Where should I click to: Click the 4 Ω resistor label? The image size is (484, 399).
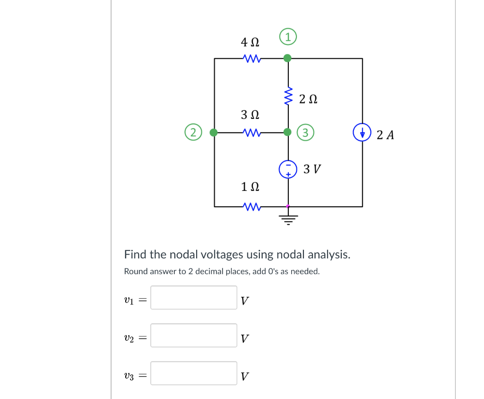click(x=250, y=43)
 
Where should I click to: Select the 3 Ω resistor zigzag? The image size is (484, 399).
click(x=250, y=133)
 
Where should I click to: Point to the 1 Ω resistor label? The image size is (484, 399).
click(x=250, y=187)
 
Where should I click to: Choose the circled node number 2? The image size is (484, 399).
click(x=193, y=133)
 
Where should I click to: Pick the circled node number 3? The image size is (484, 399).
click(x=305, y=133)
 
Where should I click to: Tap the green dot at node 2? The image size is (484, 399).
click(x=214, y=133)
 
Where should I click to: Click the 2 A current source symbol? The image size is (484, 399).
click(x=363, y=132)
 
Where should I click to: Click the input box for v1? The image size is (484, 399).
click(x=194, y=298)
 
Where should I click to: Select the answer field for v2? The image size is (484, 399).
click(x=194, y=336)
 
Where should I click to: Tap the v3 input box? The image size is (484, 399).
click(x=194, y=373)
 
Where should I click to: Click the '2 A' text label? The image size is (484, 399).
click(x=385, y=135)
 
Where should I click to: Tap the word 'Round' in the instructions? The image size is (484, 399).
click(x=135, y=272)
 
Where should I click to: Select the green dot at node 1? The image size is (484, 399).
click(x=287, y=58)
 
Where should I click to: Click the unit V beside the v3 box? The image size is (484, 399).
click(x=244, y=377)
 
